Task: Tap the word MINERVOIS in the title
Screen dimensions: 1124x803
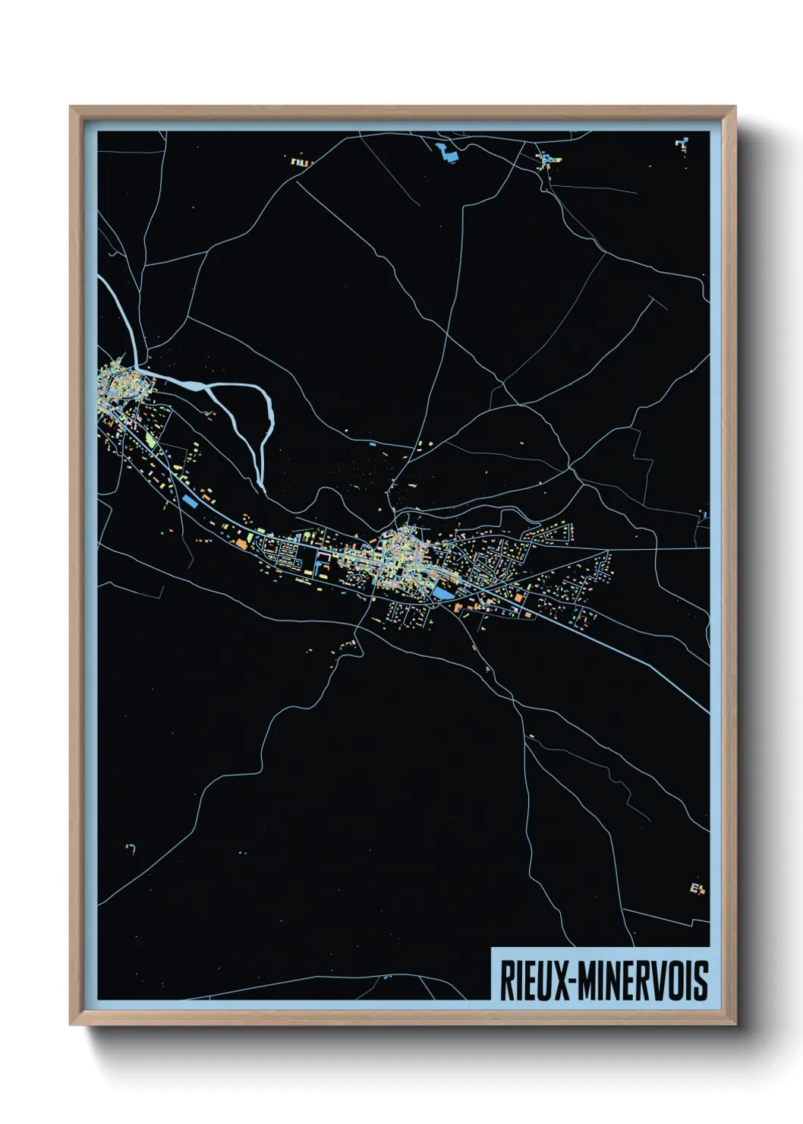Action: (644, 980)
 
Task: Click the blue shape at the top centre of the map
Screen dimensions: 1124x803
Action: (447, 152)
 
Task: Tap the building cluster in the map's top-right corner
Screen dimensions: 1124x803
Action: (683, 144)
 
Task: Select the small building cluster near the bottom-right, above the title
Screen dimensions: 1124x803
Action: (698, 888)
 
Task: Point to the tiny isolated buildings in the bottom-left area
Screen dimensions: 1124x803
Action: (131, 848)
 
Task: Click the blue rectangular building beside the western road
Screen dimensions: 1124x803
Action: (189, 500)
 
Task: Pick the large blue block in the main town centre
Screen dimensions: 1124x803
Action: (440, 593)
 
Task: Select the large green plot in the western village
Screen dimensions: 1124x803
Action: (151, 440)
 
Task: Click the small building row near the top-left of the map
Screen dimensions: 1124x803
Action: (301, 162)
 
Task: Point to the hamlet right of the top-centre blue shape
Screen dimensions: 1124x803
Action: (548, 160)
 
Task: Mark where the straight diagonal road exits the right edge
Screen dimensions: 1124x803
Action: (708, 712)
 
